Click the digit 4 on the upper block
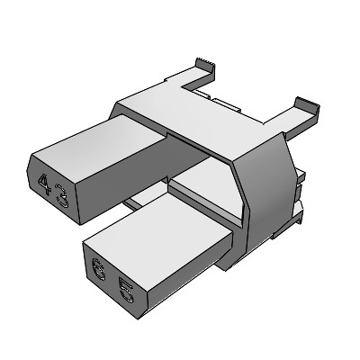click(45, 183)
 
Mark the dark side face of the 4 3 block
click(135, 184)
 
